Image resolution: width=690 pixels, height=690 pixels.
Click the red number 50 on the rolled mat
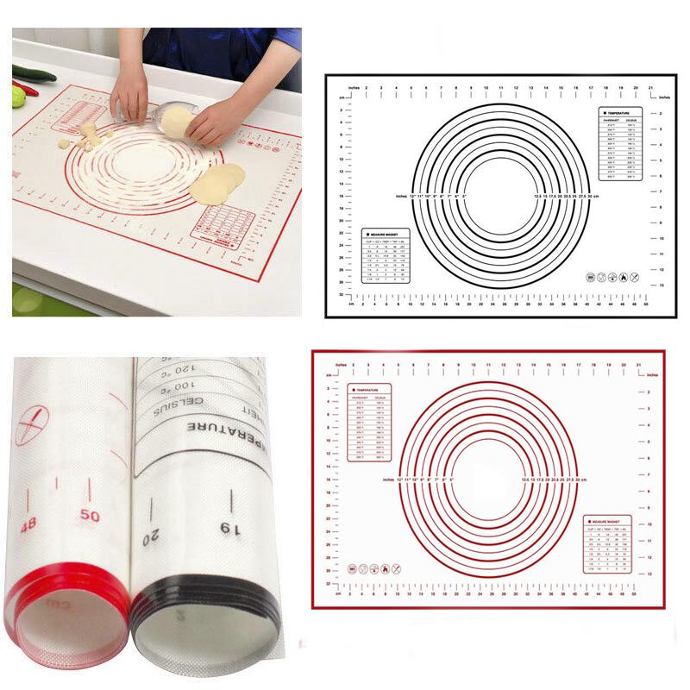coord(89,517)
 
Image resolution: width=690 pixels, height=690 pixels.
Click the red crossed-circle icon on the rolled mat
coord(32,426)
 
